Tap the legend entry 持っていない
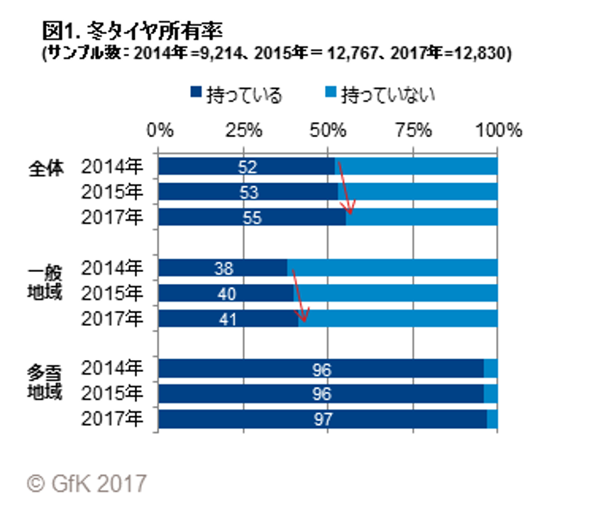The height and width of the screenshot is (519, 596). [x=380, y=94]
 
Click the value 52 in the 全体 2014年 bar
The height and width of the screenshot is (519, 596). [x=248, y=167]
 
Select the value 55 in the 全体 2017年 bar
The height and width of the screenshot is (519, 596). [x=252, y=218]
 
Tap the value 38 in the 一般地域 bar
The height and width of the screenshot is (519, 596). [x=223, y=268]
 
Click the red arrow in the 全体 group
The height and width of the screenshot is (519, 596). [x=345, y=188]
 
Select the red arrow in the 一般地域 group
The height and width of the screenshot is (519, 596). [x=299, y=295]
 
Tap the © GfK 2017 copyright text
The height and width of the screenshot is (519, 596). [x=87, y=484]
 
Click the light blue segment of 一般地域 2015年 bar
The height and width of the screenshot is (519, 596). [x=394, y=293]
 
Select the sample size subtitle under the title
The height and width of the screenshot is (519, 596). [x=277, y=54]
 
